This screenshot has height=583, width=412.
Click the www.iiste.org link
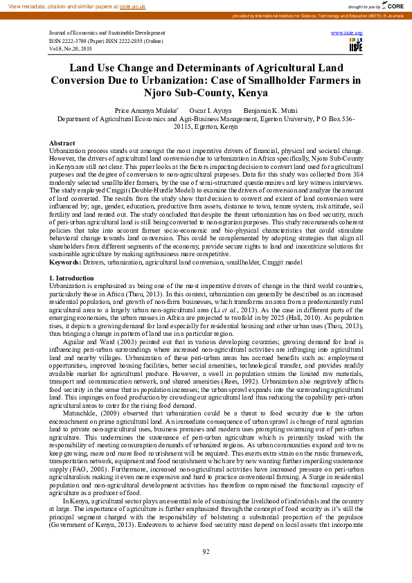click(347, 33)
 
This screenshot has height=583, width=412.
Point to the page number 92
click(206, 551)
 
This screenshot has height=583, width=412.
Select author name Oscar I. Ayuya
click(209, 110)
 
